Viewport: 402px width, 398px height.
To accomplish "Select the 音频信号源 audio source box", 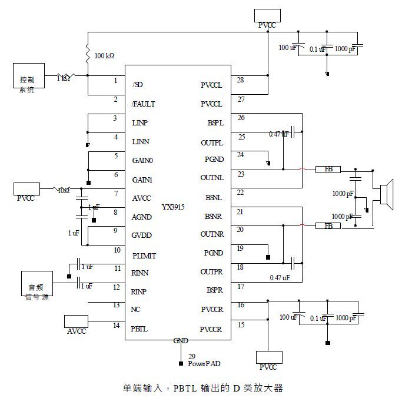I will (x=36, y=283).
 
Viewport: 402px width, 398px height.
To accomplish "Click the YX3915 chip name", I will (x=174, y=207).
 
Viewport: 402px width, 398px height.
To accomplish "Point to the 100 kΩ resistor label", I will (x=104, y=56).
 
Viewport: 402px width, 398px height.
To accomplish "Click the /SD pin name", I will (x=138, y=85).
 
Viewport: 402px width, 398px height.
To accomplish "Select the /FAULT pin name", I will (x=144, y=104).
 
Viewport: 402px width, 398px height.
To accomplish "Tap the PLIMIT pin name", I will (x=144, y=256).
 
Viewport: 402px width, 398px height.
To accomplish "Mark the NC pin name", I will (x=137, y=309).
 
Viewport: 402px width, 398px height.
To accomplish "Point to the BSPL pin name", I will (x=214, y=123).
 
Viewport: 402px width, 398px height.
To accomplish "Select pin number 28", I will (x=240, y=79).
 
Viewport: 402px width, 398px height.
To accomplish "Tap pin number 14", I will (x=116, y=324).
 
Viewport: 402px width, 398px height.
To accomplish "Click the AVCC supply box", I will (x=76, y=321).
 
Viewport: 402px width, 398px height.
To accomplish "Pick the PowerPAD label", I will (x=204, y=364).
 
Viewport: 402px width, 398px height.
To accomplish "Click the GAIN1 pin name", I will (x=142, y=180).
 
